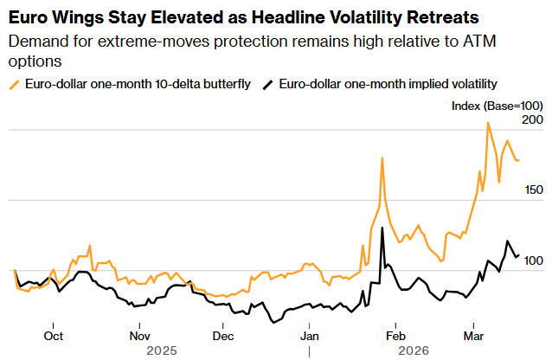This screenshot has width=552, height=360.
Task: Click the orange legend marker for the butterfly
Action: point(14,84)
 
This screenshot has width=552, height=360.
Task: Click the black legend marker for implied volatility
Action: point(269,84)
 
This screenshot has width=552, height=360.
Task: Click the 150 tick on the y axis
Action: point(533,190)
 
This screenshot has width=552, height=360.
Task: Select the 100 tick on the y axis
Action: point(533,260)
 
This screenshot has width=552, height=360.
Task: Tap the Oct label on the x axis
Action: point(54,336)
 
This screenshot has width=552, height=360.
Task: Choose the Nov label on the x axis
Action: point(139,336)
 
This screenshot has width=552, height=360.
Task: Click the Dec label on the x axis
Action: point(222,336)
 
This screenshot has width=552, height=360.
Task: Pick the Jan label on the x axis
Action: point(310,336)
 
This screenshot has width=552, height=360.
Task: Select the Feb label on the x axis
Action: point(395,336)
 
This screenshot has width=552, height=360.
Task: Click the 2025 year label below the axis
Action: point(162,351)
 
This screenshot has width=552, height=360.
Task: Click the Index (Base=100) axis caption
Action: point(497,104)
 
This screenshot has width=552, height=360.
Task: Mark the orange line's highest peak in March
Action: point(488,123)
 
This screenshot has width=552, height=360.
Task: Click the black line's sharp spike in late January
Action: point(382,228)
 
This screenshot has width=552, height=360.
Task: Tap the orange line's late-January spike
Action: point(382,158)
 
